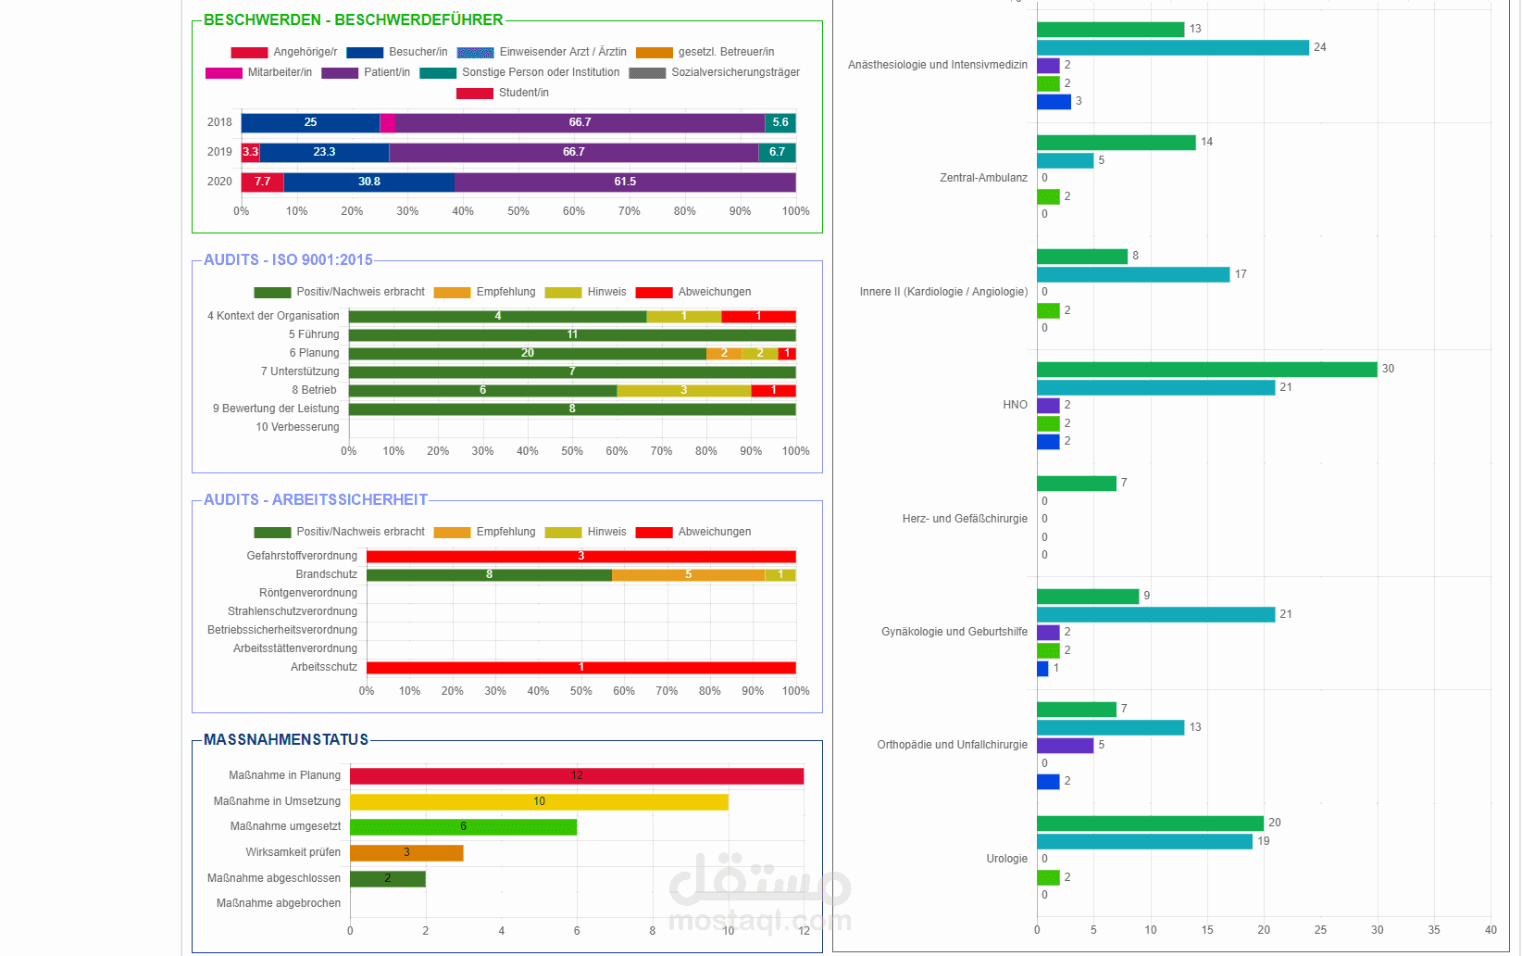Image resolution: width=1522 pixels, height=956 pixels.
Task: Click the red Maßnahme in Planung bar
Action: tap(576, 776)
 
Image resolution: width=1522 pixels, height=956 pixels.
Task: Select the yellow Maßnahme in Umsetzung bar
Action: tap(539, 802)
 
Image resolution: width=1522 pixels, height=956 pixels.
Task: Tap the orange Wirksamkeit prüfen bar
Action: tap(406, 853)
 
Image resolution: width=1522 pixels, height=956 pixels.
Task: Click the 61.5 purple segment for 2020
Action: tap(625, 182)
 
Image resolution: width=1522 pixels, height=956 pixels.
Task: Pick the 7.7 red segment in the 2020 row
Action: tap(263, 182)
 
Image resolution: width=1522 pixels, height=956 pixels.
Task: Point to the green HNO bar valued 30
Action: tap(1206, 370)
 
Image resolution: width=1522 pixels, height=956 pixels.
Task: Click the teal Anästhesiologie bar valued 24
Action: tap(1172, 48)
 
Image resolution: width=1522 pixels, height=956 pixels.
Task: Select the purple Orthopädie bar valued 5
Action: tap(1065, 746)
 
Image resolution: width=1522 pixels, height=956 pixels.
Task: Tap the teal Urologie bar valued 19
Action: tap(1144, 842)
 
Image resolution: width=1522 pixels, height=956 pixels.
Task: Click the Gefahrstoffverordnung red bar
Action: tap(580, 557)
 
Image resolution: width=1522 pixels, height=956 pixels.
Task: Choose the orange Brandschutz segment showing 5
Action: tap(688, 575)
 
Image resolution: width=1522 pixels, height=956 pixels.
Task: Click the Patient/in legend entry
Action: tap(366, 72)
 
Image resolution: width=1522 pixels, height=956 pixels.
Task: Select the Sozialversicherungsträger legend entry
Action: tap(714, 72)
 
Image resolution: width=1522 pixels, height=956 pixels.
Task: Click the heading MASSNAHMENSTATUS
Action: tap(286, 740)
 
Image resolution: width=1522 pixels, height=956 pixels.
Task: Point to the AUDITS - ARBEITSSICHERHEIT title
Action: tap(316, 500)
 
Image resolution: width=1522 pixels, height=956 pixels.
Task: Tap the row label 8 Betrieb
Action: tap(314, 390)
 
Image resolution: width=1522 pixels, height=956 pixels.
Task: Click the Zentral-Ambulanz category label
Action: tap(983, 178)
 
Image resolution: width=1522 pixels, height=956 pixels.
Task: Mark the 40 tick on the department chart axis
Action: tap(1491, 930)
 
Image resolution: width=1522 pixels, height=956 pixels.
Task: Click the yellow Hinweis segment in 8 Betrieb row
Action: tap(683, 391)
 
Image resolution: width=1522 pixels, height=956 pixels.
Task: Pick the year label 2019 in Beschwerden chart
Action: tap(219, 152)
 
